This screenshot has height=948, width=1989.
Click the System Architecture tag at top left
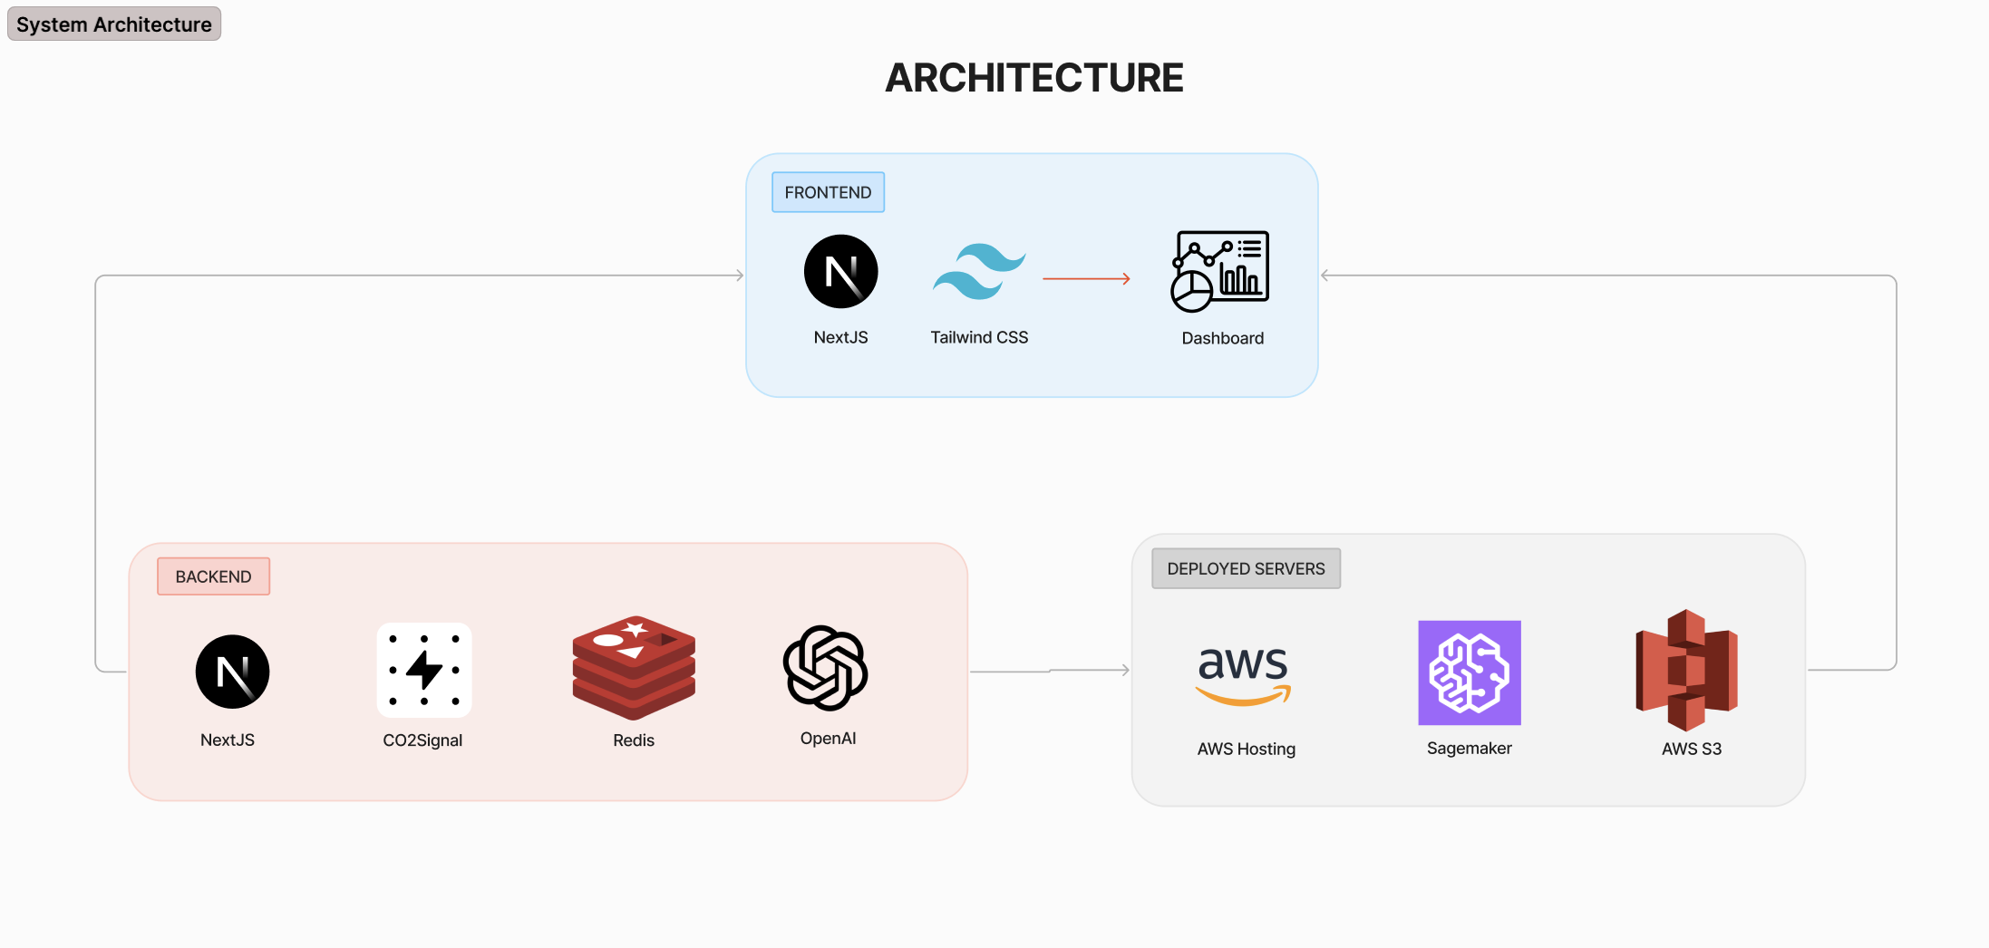point(113,24)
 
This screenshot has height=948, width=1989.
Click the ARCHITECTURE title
point(1033,78)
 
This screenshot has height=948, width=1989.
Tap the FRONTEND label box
point(828,192)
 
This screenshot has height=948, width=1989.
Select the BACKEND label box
point(213,576)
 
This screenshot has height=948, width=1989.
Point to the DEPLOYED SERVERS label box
point(1246,568)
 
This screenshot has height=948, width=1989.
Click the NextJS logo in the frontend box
point(840,272)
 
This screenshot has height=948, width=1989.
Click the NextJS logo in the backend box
point(232,672)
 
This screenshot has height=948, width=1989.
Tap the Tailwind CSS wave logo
point(979,271)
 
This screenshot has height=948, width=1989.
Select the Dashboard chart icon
point(1220,271)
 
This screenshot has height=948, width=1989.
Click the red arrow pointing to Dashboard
point(1086,279)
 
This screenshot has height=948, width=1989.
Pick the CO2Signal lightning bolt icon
point(423,670)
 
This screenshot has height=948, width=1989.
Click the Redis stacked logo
point(634,668)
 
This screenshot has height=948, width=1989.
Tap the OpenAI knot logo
point(826,668)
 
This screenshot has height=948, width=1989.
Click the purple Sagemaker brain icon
point(1469,672)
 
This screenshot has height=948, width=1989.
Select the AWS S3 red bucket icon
point(1686,671)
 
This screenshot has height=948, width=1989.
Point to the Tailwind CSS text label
point(979,337)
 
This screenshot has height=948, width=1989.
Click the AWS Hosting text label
point(1246,749)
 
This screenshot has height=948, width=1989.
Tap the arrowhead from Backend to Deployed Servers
point(1125,671)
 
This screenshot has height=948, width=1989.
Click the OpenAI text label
point(828,739)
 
